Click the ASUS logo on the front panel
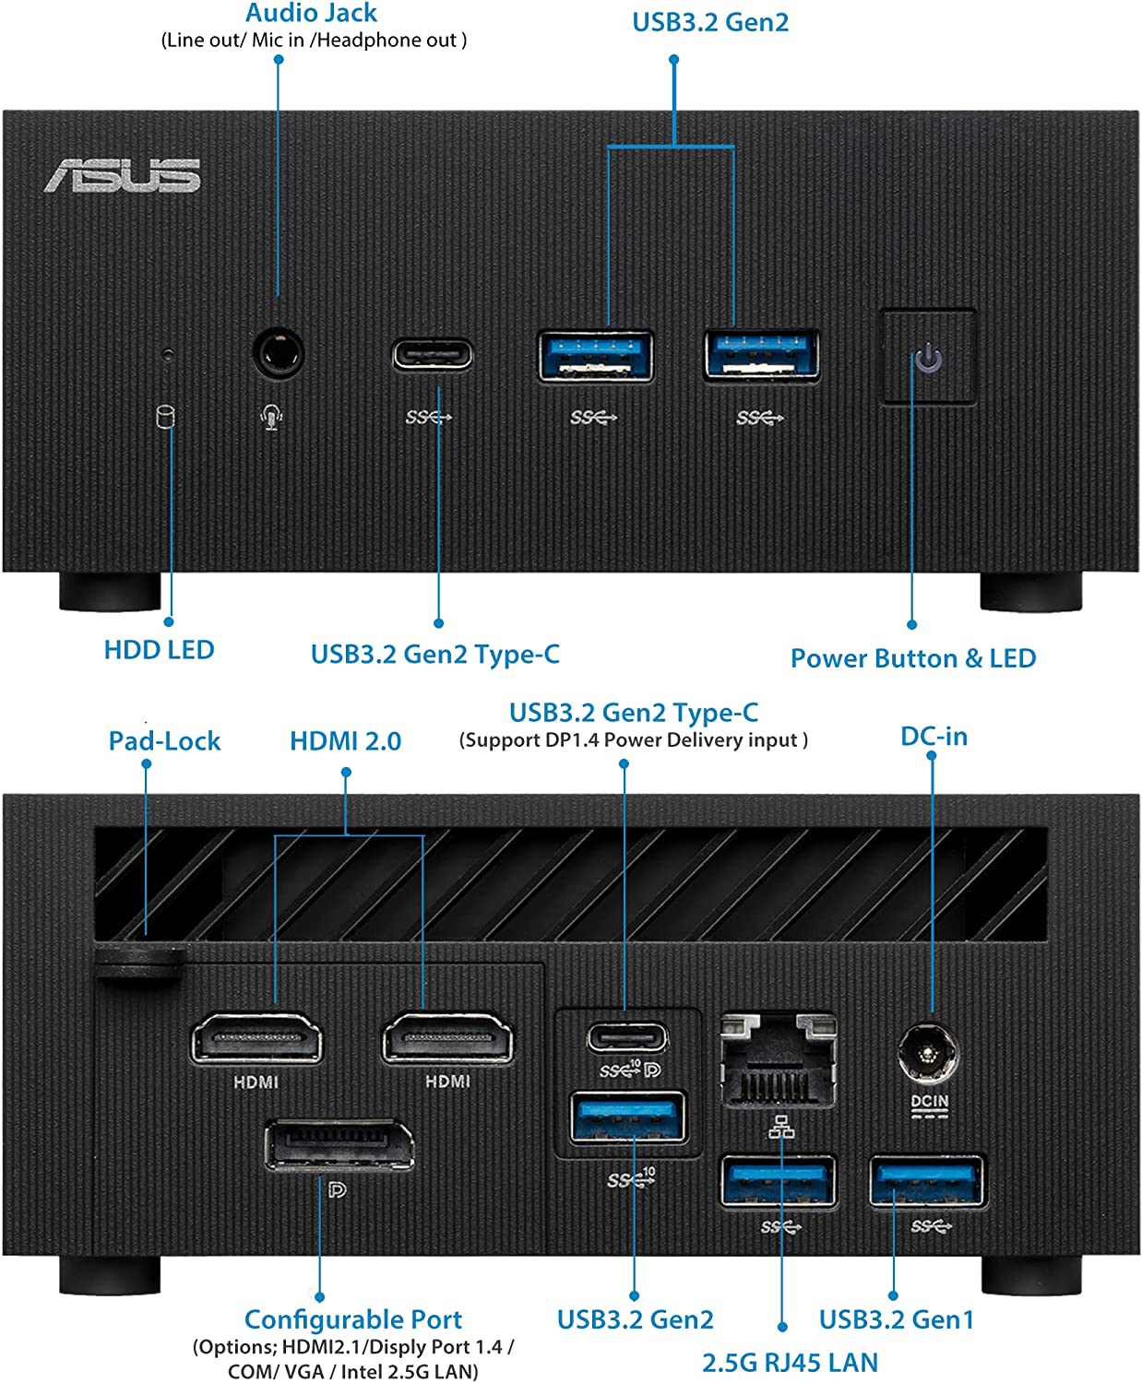coord(122,175)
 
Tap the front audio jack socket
coord(278,353)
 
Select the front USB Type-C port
coord(433,355)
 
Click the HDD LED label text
coord(159,650)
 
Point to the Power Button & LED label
coord(912,658)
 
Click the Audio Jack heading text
coord(311,13)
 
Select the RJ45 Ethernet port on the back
coord(779,1060)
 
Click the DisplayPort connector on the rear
coord(339,1146)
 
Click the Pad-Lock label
coord(164,741)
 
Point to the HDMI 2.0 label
coord(345,741)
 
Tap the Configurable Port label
coord(353,1319)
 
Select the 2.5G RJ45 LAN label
coord(790,1363)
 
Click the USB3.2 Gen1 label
coord(896,1319)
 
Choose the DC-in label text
coord(934,737)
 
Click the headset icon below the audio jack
coord(271,418)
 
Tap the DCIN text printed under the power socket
coord(929,1102)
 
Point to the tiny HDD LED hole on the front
coord(167,353)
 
